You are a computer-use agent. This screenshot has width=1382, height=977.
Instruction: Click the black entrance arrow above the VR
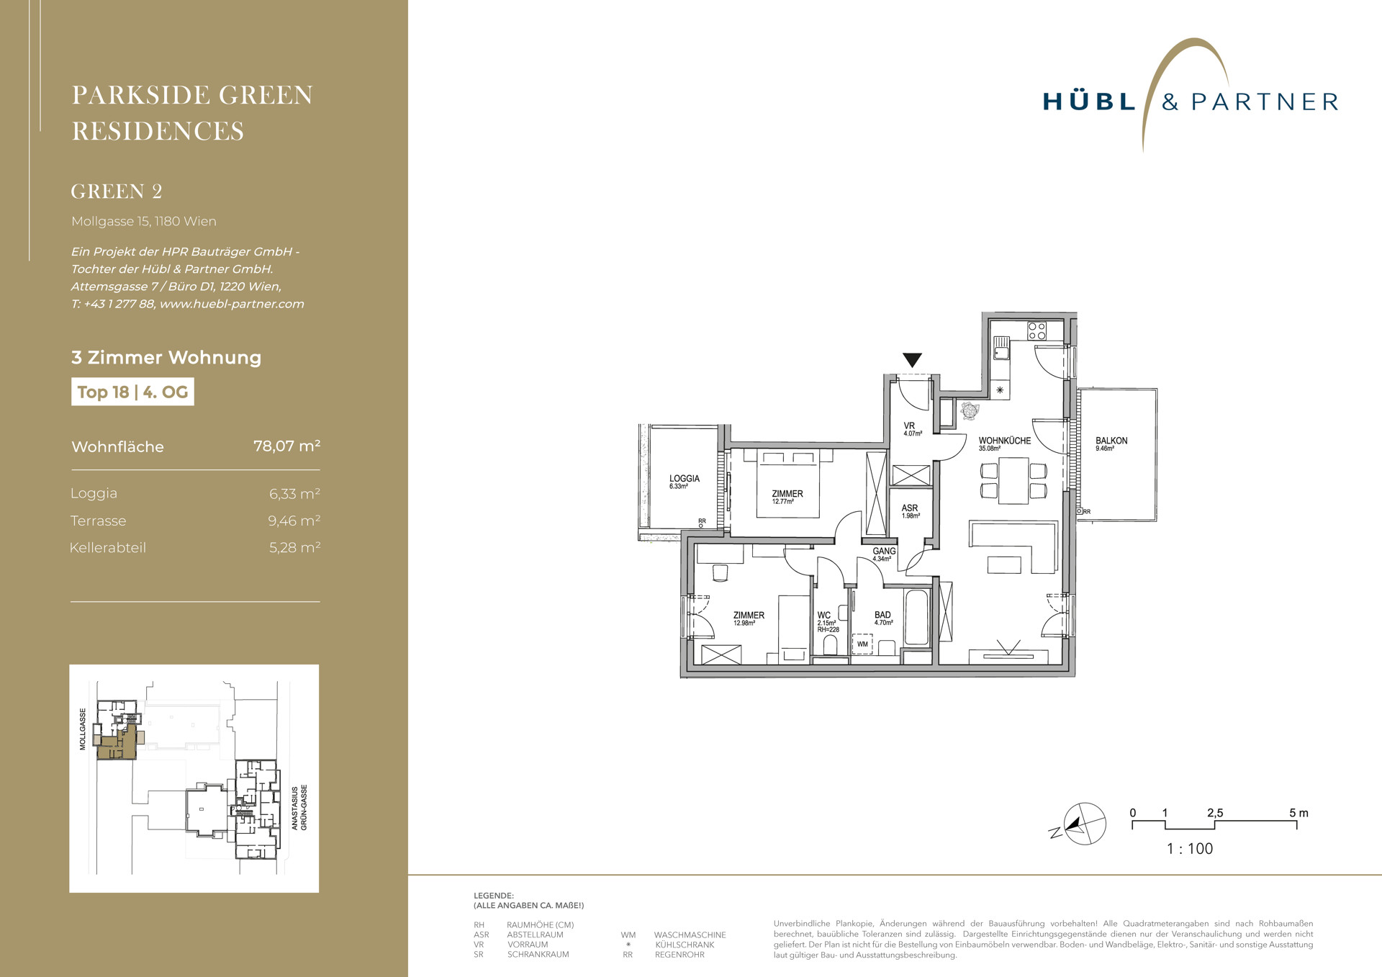pyautogui.click(x=912, y=360)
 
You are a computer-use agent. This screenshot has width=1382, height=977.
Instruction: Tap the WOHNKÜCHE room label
pyautogui.click(x=1004, y=441)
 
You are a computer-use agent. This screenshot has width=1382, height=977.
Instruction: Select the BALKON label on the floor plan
pyautogui.click(x=1111, y=441)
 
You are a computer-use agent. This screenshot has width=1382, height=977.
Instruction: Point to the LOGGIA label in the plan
pyautogui.click(x=684, y=478)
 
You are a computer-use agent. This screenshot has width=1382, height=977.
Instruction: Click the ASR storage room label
pyautogui.click(x=910, y=508)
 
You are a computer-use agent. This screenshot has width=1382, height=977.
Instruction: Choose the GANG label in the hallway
pyautogui.click(x=884, y=551)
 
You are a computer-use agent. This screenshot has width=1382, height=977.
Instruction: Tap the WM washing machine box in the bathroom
pyautogui.click(x=862, y=644)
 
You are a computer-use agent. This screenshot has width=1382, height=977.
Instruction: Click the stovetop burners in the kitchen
pyautogui.click(x=1036, y=331)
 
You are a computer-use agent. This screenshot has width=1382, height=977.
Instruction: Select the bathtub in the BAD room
pyautogui.click(x=916, y=618)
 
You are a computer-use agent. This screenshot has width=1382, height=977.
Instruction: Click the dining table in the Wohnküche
pyautogui.click(x=1013, y=481)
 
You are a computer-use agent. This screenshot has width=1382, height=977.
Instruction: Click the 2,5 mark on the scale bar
pyautogui.click(x=1215, y=813)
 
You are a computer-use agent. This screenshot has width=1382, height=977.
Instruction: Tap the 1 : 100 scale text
pyautogui.click(x=1190, y=849)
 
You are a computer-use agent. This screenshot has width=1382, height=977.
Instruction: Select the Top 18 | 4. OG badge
pyautogui.click(x=132, y=392)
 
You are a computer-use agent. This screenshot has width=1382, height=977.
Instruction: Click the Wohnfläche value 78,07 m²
pyautogui.click(x=287, y=446)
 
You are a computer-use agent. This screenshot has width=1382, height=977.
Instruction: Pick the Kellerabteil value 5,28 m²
pyautogui.click(x=295, y=547)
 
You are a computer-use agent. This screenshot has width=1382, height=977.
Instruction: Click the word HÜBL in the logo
pyautogui.click(x=1089, y=102)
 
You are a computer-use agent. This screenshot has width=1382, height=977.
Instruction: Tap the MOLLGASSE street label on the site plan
pyautogui.click(x=83, y=729)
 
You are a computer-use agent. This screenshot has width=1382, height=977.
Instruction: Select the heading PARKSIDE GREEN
pyautogui.click(x=192, y=95)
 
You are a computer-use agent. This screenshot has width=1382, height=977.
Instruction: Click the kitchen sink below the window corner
pyautogui.click(x=1001, y=348)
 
